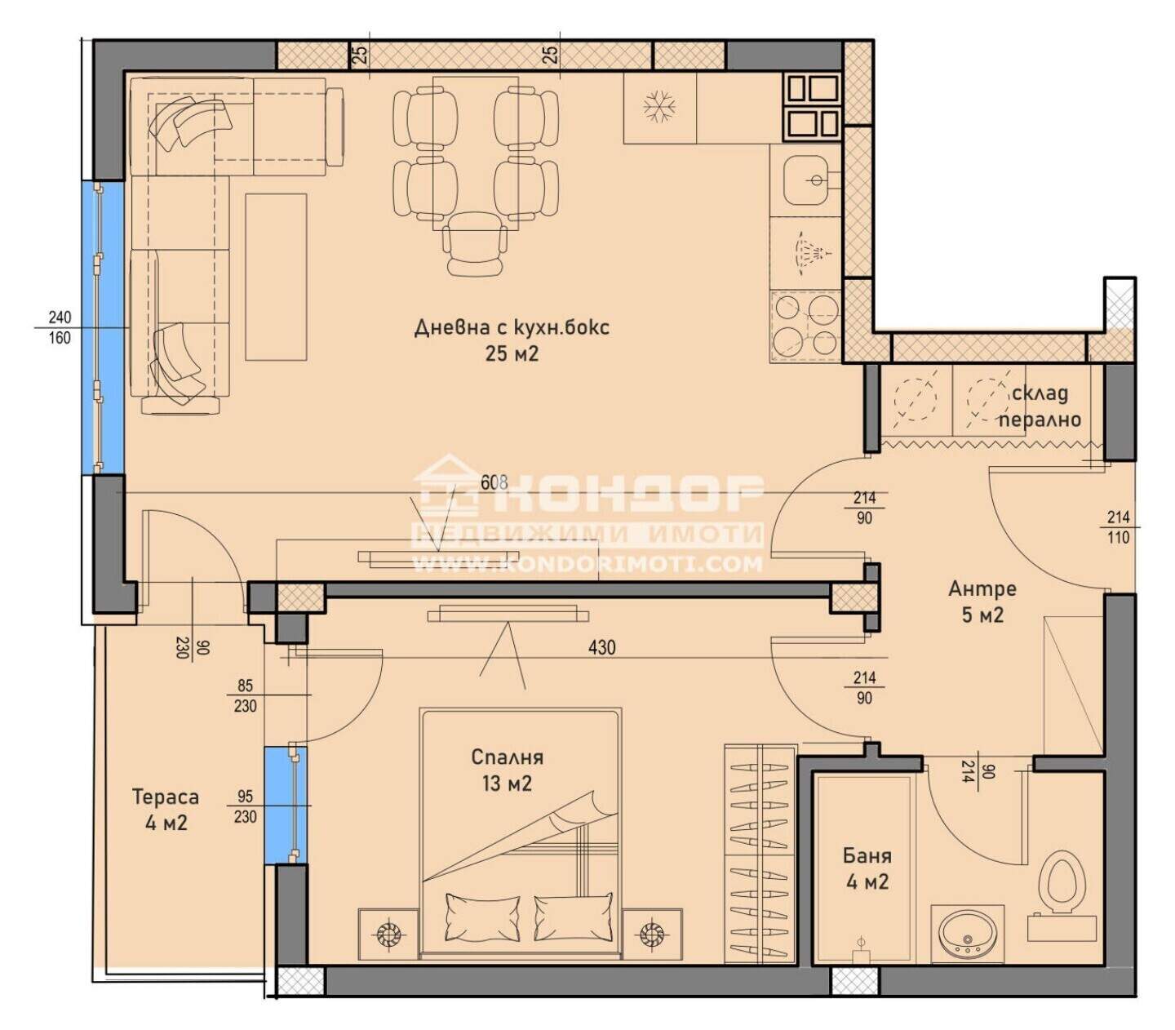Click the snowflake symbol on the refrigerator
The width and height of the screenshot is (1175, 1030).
(660, 107)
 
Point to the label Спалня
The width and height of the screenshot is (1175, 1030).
(507, 757)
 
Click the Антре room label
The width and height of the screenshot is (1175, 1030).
(982, 589)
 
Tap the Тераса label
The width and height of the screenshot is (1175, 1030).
(166, 797)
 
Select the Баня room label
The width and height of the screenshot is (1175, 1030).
(867, 856)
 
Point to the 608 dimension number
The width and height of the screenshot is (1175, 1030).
(494, 482)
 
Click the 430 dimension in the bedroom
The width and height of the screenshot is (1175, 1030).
(601, 647)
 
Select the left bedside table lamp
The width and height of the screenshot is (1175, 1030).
(388, 935)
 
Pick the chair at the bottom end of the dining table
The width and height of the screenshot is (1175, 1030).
(474, 243)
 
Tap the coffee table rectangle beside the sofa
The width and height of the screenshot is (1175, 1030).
(276, 277)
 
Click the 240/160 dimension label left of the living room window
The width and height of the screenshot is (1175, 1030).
(60, 327)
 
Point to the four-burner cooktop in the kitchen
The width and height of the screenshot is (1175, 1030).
(805, 326)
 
